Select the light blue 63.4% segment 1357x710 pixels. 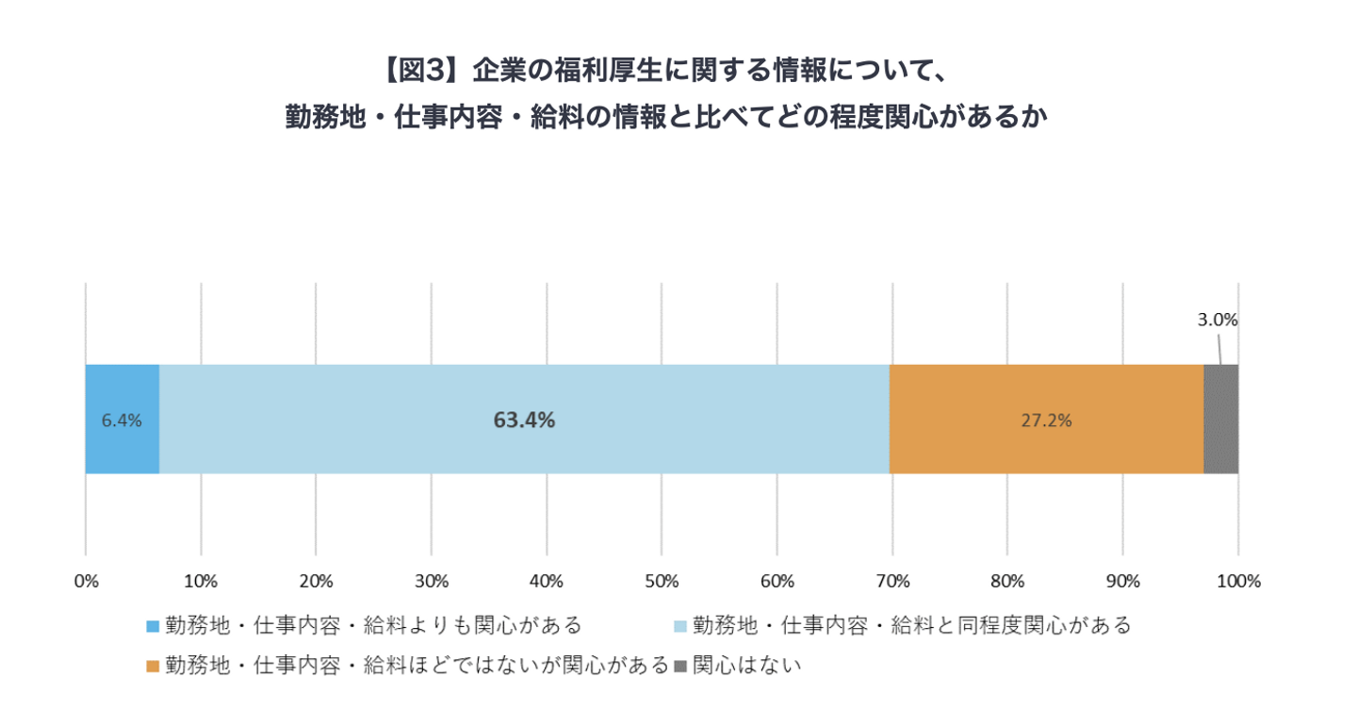pos(524,453)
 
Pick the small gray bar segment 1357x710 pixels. pos(1220,420)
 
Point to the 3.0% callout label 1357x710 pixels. pos(1218,320)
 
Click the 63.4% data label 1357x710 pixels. pos(524,421)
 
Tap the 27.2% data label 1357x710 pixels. pos(1046,421)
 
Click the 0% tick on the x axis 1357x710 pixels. pos(86,580)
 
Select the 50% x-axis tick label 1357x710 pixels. pos(662,580)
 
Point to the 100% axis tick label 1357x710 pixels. pos(1238,580)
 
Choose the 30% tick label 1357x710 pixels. pos(431,580)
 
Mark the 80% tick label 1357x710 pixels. pos(1007,580)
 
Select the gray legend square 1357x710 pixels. pos(681,667)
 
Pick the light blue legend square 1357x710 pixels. pos(681,626)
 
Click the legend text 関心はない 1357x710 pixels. pos(746,666)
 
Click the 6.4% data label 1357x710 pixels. pos(122,421)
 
